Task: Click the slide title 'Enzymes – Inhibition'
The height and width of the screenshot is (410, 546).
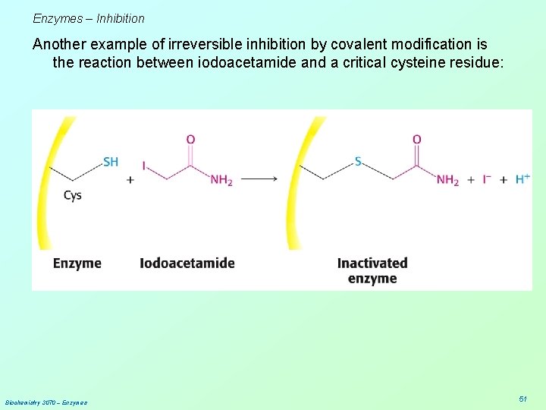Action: click(x=89, y=18)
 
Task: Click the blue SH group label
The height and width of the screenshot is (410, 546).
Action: click(x=111, y=161)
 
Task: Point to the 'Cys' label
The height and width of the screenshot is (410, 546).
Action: click(x=73, y=195)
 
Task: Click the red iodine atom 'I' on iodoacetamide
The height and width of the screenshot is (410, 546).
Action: click(x=143, y=164)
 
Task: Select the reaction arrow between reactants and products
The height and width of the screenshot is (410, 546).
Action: click(x=259, y=179)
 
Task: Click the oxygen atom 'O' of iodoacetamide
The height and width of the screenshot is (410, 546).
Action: click(x=190, y=139)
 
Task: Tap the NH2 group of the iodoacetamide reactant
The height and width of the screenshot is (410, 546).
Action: click(x=221, y=180)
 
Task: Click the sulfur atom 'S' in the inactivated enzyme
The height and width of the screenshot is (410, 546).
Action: click(x=358, y=161)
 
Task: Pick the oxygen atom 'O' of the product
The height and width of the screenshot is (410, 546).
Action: click(x=416, y=139)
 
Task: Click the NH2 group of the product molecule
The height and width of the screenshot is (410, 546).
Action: click(x=447, y=180)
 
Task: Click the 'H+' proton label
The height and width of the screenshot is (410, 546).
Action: click(x=522, y=178)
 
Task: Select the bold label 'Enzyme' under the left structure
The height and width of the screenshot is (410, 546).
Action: click(x=77, y=263)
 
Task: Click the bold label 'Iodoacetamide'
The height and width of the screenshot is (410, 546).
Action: click(x=187, y=263)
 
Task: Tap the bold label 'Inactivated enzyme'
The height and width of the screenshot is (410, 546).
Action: click(x=372, y=270)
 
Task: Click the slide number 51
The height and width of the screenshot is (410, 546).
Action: click(x=522, y=398)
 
